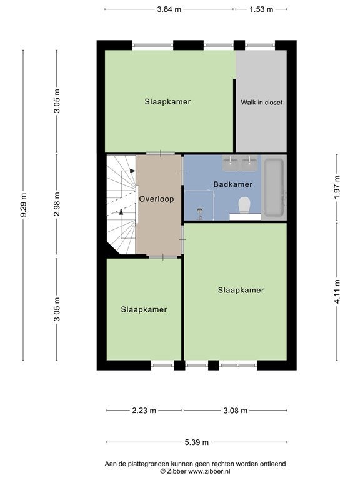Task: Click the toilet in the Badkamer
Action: [244, 206]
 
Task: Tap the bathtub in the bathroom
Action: [274, 187]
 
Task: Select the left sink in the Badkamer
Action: [231, 163]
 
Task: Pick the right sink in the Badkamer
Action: [249, 163]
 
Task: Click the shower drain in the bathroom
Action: [200, 211]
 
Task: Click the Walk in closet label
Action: [262, 102]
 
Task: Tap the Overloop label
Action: [157, 199]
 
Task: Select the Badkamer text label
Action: [233, 184]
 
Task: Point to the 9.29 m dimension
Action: [24, 205]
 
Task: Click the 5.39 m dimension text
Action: [196, 442]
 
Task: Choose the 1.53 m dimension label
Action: [261, 9]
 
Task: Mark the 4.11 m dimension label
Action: [337, 292]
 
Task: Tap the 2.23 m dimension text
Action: [144, 411]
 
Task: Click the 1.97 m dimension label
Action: [337, 187]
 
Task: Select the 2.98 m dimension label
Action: [57, 204]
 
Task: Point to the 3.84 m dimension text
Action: [169, 9]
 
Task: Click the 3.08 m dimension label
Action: [236, 411]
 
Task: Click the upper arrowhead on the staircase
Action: [132, 171]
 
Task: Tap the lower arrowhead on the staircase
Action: [121, 211]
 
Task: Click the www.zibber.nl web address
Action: [209, 471]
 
